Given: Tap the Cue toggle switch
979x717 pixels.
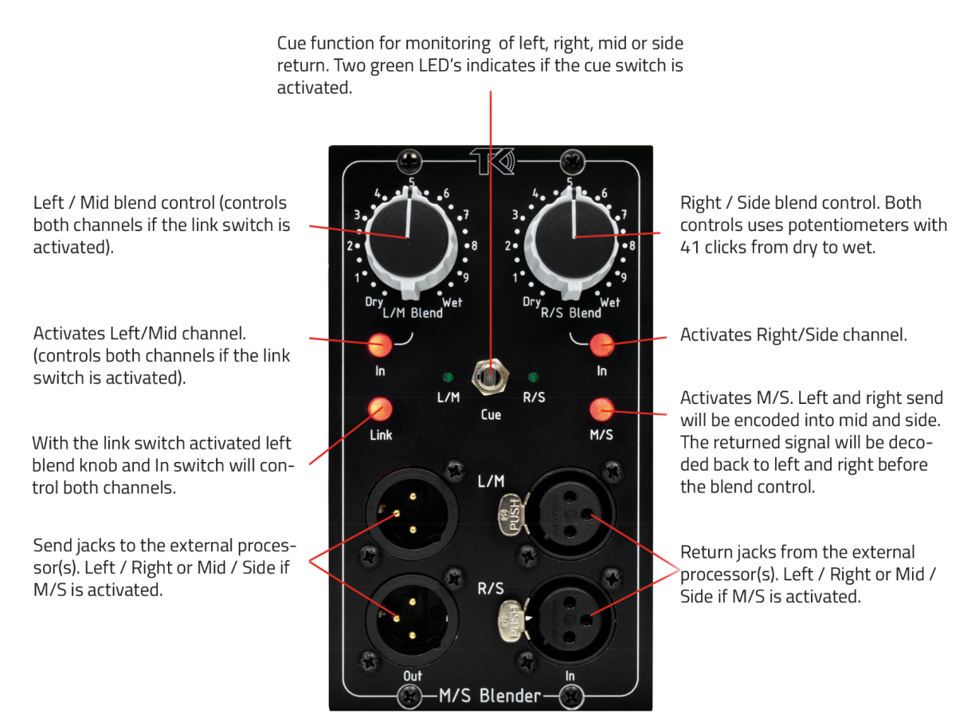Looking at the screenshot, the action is [491, 376].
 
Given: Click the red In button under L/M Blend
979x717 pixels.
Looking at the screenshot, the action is [380, 344].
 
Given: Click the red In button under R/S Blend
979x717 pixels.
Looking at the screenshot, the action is [602, 344].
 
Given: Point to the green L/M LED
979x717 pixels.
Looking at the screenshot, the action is [448, 376].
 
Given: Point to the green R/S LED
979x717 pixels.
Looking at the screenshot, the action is [533, 376].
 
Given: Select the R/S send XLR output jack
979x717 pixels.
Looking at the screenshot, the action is [412, 619].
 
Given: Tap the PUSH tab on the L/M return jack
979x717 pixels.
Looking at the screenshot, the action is [510, 515].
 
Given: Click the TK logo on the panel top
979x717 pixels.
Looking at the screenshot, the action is [492, 161].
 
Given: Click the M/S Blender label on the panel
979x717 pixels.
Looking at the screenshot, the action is [490, 695].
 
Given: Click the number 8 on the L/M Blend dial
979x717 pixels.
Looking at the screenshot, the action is [474, 245].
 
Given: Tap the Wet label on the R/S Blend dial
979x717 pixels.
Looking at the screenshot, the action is [609, 302].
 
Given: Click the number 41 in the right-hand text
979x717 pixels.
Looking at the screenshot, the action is [689, 248].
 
